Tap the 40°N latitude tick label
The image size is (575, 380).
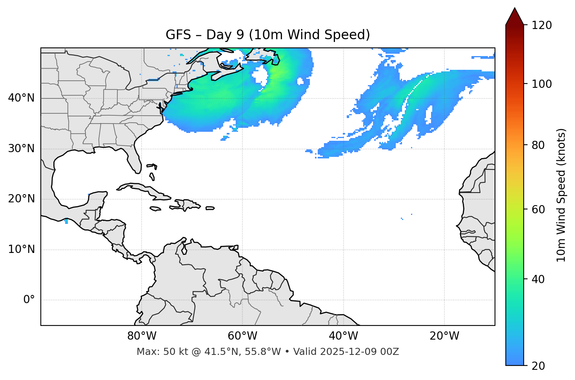[x=21, y=98]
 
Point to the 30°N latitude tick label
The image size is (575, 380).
[x=21, y=149]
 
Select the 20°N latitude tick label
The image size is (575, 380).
[x=21, y=199]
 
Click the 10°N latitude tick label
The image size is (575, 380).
[x=21, y=249]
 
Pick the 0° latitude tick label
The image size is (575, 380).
[x=29, y=300]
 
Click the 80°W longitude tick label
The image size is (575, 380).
[x=142, y=336]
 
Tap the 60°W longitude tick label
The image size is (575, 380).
[x=242, y=336]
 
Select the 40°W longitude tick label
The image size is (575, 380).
[x=343, y=336]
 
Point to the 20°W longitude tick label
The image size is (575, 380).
[x=444, y=336]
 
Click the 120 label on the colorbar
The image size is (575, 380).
[x=542, y=25]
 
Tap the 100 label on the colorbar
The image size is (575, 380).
[x=542, y=84]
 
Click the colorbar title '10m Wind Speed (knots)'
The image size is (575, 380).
[x=561, y=195]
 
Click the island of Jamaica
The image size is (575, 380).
[x=155, y=209]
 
